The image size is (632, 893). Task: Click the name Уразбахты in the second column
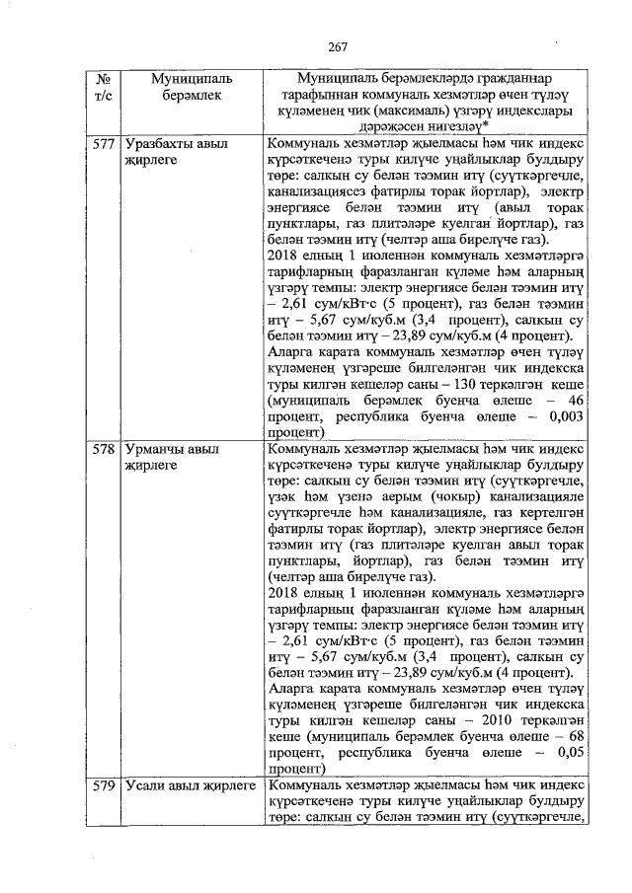tap(160, 144)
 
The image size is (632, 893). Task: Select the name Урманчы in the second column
tap(157, 449)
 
